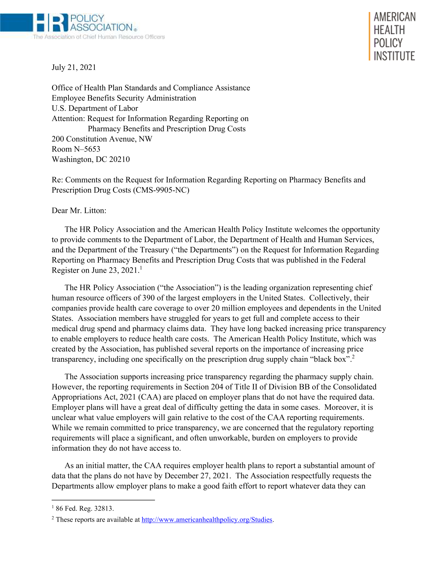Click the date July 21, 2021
(x=74, y=67)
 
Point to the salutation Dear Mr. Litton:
(x=79, y=211)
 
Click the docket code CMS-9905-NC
(x=161, y=190)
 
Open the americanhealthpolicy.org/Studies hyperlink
(x=207, y=520)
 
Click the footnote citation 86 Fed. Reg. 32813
(x=85, y=509)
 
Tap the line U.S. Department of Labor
(x=95, y=108)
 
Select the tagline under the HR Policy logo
(x=99, y=37)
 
